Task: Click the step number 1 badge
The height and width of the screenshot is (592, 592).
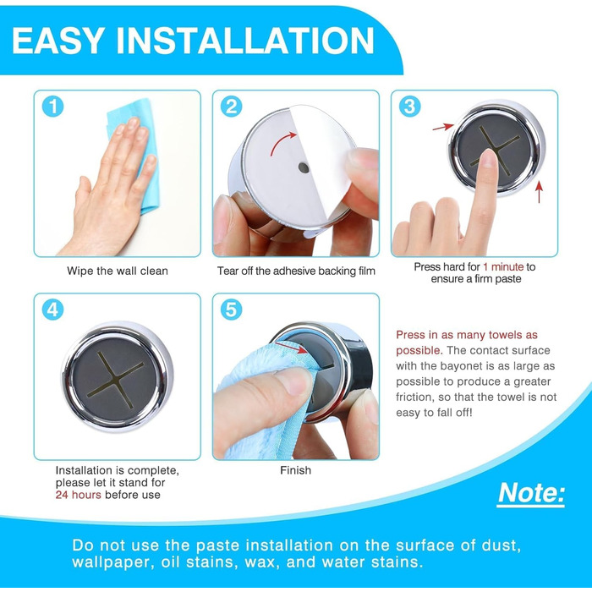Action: tap(52, 107)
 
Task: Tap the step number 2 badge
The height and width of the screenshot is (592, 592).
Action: tap(231, 107)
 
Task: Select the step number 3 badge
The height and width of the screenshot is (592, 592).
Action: tap(409, 107)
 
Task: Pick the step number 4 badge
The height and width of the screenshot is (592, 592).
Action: tap(52, 310)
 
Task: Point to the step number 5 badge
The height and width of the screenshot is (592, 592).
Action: tap(231, 310)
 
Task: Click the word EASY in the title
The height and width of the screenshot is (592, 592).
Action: tap(58, 41)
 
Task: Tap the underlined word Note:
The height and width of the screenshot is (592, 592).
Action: tap(531, 493)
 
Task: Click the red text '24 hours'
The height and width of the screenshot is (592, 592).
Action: tap(78, 495)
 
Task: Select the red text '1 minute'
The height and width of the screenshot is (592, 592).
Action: tap(503, 267)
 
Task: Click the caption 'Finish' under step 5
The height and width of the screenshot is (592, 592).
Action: tap(296, 470)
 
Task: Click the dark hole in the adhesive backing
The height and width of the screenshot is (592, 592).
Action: tap(304, 167)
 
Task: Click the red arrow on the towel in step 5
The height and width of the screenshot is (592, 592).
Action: tap(291, 348)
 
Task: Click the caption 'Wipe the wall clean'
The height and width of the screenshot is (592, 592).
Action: tap(118, 271)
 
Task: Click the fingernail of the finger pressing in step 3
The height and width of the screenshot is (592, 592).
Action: tap(489, 158)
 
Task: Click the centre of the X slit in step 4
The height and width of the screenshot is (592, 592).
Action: tap(117, 381)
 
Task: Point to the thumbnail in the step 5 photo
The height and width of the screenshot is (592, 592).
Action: tap(293, 381)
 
